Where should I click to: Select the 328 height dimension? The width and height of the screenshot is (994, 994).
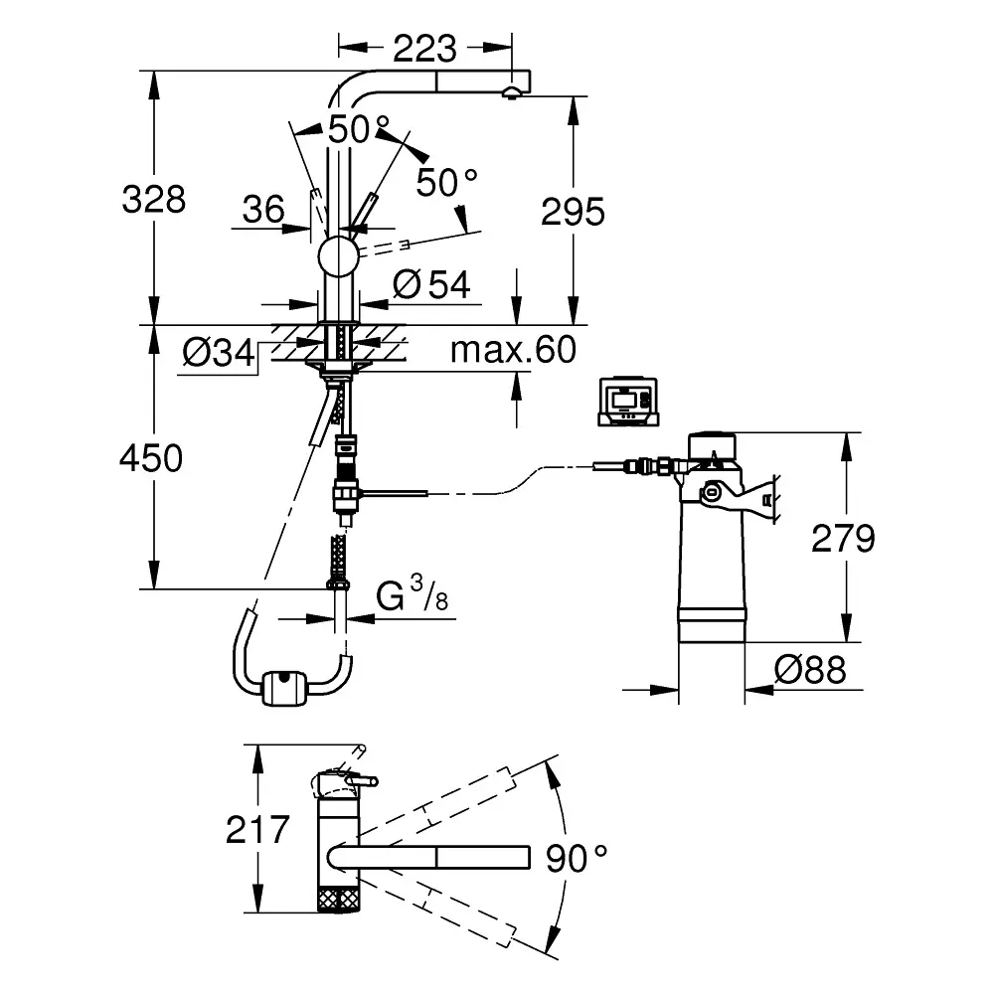[153, 200]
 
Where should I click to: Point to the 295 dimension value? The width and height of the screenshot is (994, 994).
[573, 211]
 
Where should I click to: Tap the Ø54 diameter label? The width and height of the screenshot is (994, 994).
[431, 285]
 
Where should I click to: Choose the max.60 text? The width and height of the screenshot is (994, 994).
[512, 350]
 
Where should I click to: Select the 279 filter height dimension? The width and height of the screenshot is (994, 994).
[843, 538]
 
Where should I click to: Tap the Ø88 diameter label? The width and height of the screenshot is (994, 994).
[810, 671]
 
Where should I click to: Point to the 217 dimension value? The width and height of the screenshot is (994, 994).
[256, 828]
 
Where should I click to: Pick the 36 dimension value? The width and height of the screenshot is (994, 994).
[263, 209]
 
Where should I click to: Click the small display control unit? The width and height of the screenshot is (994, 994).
[626, 402]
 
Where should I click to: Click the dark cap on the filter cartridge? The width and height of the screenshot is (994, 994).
[711, 444]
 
